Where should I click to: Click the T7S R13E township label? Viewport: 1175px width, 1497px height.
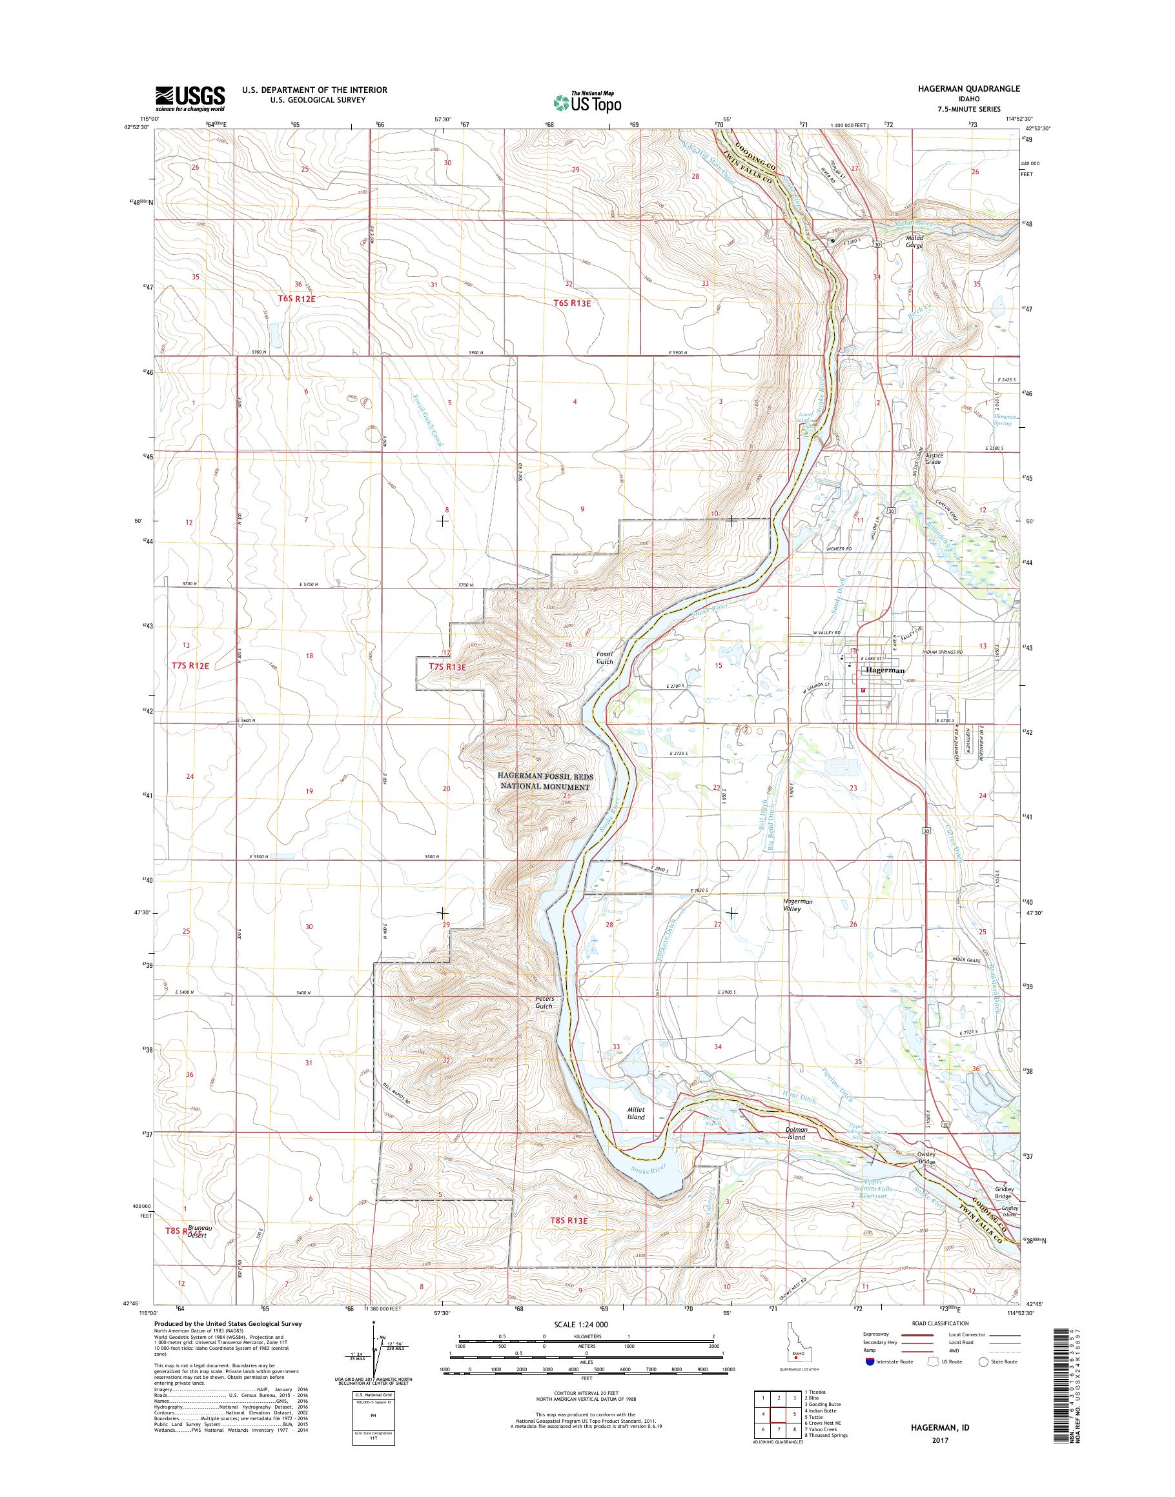pos(447,667)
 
